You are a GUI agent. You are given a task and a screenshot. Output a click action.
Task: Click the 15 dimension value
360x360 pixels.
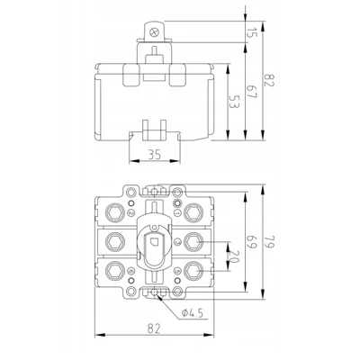click(253, 34)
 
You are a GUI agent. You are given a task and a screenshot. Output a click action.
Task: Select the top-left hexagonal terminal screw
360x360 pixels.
click(118, 212)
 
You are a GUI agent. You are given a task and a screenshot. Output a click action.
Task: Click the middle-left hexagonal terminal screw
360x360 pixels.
click(118, 241)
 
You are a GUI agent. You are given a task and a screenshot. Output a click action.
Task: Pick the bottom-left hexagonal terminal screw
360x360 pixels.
click(118, 269)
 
